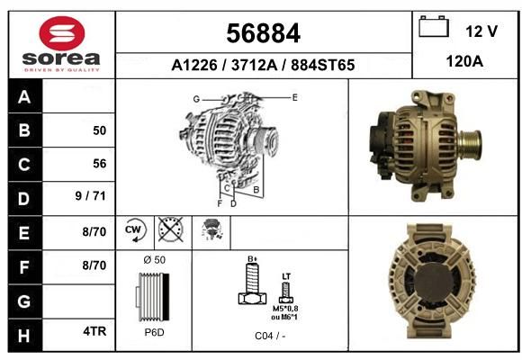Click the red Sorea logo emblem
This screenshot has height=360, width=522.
click(x=62, y=33)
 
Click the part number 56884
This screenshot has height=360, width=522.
click(x=264, y=33)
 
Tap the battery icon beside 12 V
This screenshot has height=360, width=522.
click(x=434, y=26)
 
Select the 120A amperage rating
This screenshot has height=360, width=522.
click(x=464, y=61)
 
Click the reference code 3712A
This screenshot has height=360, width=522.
click(x=255, y=65)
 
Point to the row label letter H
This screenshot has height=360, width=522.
click(x=24, y=336)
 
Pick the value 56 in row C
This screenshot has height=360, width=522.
click(x=100, y=164)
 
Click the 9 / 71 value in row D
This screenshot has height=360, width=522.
click(x=91, y=196)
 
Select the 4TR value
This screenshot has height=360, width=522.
click(x=94, y=331)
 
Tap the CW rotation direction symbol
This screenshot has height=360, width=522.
click(x=134, y=229)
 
